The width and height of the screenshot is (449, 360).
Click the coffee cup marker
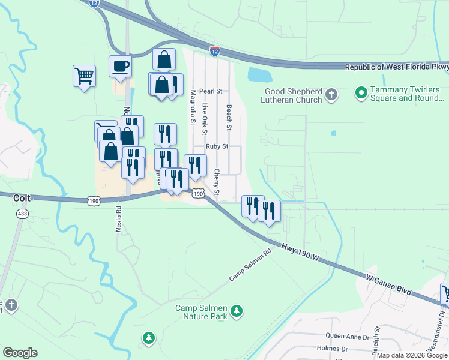point(120,66)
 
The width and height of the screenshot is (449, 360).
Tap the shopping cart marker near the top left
point(84,76)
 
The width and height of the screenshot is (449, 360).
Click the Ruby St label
point(217,146)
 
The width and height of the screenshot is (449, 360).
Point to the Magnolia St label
point(193,107)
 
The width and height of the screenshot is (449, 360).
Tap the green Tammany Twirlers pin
point(361,93)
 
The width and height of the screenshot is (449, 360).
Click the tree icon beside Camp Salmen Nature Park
point(237,310)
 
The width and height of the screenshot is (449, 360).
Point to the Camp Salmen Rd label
point(250,266)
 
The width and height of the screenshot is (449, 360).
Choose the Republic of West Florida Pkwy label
point(396,67)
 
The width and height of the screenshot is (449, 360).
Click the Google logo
point(20,353)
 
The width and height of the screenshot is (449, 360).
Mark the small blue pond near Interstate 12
point(259,75)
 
